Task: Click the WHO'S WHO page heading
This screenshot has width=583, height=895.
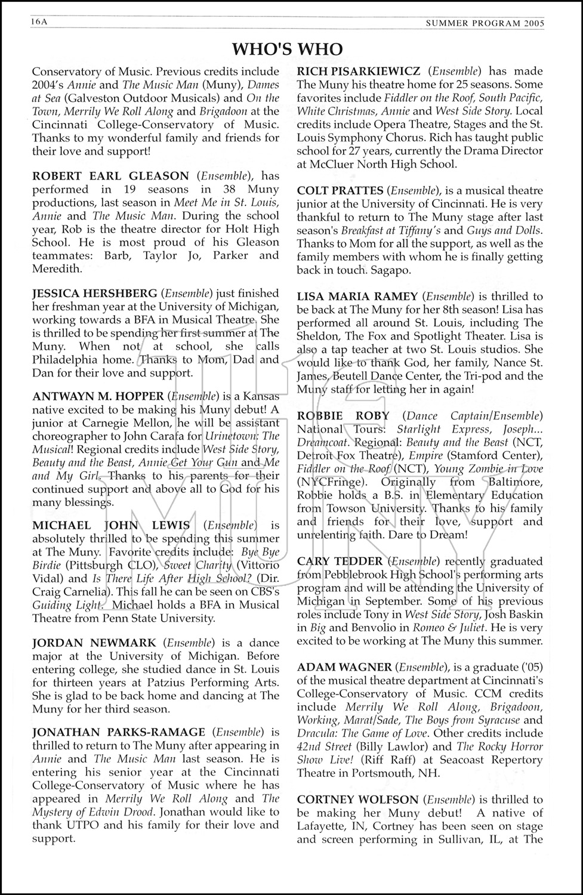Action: point(287,48)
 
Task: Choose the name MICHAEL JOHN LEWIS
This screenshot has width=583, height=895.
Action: point(111,526)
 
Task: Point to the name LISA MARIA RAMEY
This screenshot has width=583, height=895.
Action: point(357,297)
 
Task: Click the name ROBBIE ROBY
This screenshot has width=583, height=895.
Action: point(343,416)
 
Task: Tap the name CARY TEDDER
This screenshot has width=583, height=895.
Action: point(340,561)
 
